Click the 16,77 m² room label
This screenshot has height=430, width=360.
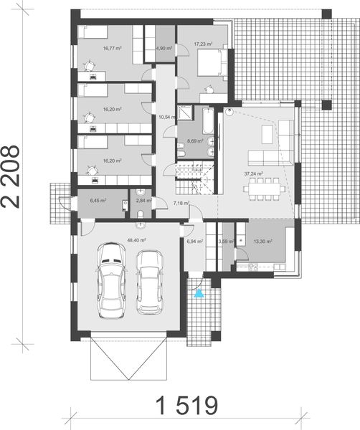pos(112,49)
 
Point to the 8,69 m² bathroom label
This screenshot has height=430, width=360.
pos(194,143)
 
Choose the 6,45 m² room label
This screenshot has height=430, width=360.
pos(98,201)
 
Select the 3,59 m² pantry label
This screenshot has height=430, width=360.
pos(226,242)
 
